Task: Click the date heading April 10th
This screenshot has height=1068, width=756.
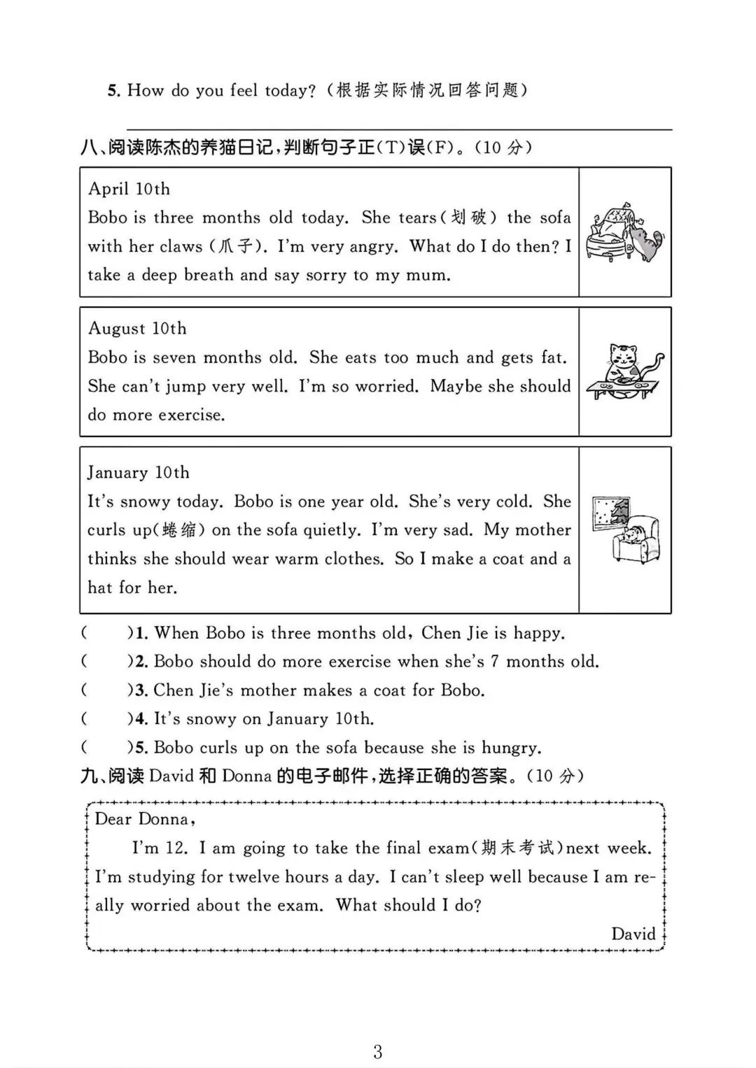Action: [x=129, y=189]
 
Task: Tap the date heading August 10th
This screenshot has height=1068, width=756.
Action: [x=137, y=329]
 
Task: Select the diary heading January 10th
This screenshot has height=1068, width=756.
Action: [x=138, y=473]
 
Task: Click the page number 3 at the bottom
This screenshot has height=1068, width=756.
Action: [x=378, y=1052]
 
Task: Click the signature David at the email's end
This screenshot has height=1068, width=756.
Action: [x=633, y=934]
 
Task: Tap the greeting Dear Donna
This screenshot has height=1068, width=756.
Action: [x=143, y=819]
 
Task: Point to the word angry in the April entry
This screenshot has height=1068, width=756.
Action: [x=372, y=247]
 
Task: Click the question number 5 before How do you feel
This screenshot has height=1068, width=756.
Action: [x=114, y=91]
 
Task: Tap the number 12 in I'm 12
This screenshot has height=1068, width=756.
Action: [x=176, y=848]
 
